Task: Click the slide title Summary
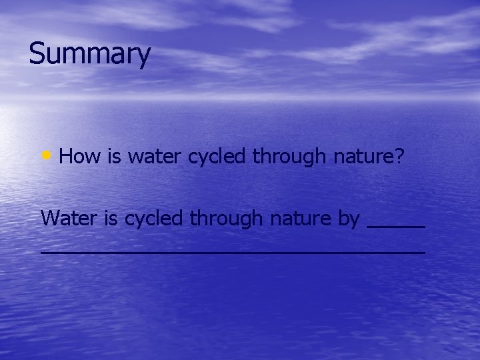90,55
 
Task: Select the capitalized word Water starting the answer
67,218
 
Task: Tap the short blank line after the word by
396,227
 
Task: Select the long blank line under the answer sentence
232,253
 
